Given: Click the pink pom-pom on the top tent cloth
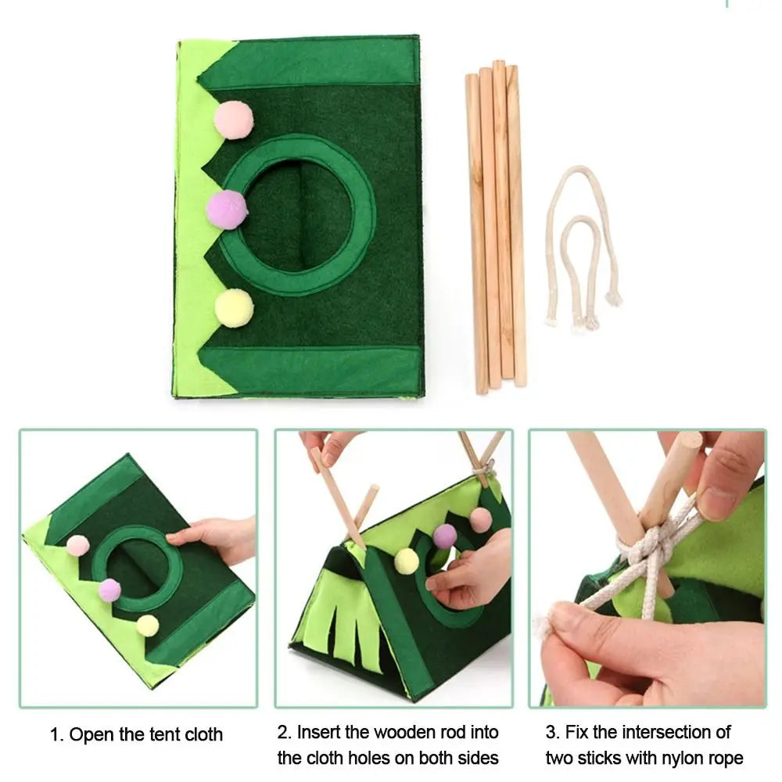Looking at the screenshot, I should [234, 120].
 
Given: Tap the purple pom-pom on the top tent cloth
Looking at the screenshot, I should [227, 210].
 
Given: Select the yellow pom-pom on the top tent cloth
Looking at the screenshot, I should [234, 308].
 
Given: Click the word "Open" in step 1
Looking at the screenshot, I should [90, 735].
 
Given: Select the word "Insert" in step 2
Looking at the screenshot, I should [322, 733].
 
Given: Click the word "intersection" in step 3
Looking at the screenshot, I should [653, 733].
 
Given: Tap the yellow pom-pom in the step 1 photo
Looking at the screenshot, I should [147, 626].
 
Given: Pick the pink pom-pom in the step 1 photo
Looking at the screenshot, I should [77, 545].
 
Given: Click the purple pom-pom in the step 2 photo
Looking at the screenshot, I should [445, 536].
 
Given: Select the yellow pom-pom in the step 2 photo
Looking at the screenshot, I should [407, 561].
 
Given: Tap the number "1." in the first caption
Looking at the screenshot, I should [56, 735].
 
